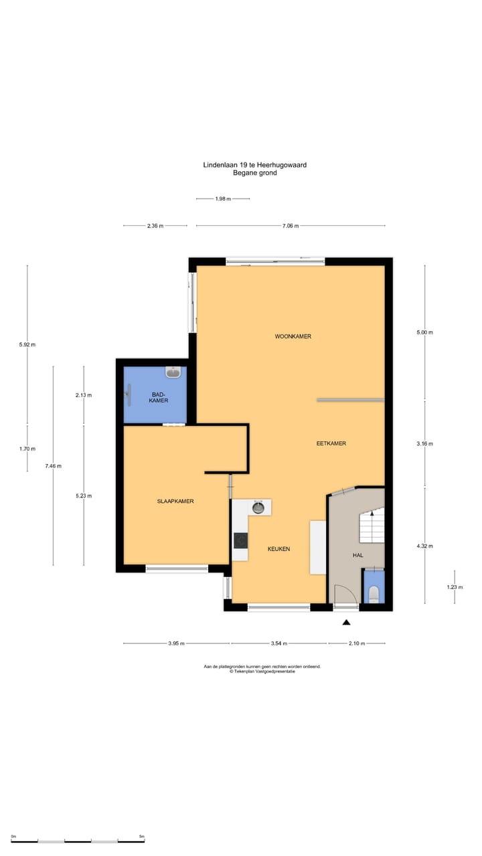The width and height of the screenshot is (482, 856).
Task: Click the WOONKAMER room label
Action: tap(293, 336)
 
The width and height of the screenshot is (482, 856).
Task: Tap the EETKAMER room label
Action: tap(331, 443)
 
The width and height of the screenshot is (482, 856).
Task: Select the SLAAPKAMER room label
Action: tap(175, 501)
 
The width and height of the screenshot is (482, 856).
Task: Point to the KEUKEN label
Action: tap(278, 549)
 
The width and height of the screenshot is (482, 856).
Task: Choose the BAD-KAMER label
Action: tap(159, 397)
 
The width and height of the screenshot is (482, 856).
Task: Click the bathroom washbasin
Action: tap(174, 372)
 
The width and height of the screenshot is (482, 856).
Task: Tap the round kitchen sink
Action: tap(259, 508)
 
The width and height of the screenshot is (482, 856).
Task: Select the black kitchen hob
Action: tap(240, 540)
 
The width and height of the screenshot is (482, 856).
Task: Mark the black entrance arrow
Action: tap(346, 623)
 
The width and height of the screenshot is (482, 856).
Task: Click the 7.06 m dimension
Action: tap(290, 226)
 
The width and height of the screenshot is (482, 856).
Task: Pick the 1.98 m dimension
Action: tap(223, 199)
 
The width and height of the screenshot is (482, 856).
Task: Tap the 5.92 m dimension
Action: tap(27, 345)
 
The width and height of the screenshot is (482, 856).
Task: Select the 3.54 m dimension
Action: tap(279, 643)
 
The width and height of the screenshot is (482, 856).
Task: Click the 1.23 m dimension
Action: tap(455, 587)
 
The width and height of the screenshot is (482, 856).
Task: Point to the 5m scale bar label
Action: tap(141, 837)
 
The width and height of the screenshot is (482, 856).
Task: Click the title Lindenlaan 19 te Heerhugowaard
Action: tap(255, 165)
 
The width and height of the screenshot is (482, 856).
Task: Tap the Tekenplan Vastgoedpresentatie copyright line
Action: tap(262, 671)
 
